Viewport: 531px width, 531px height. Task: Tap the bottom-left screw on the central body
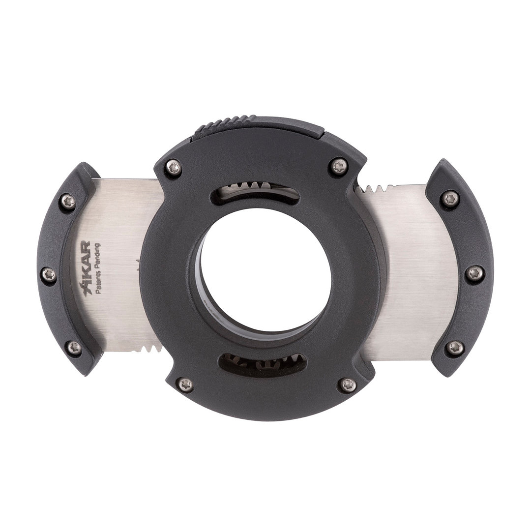click(x=185, y=384)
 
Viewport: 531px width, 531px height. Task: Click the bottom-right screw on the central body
click(x=348, y=383)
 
